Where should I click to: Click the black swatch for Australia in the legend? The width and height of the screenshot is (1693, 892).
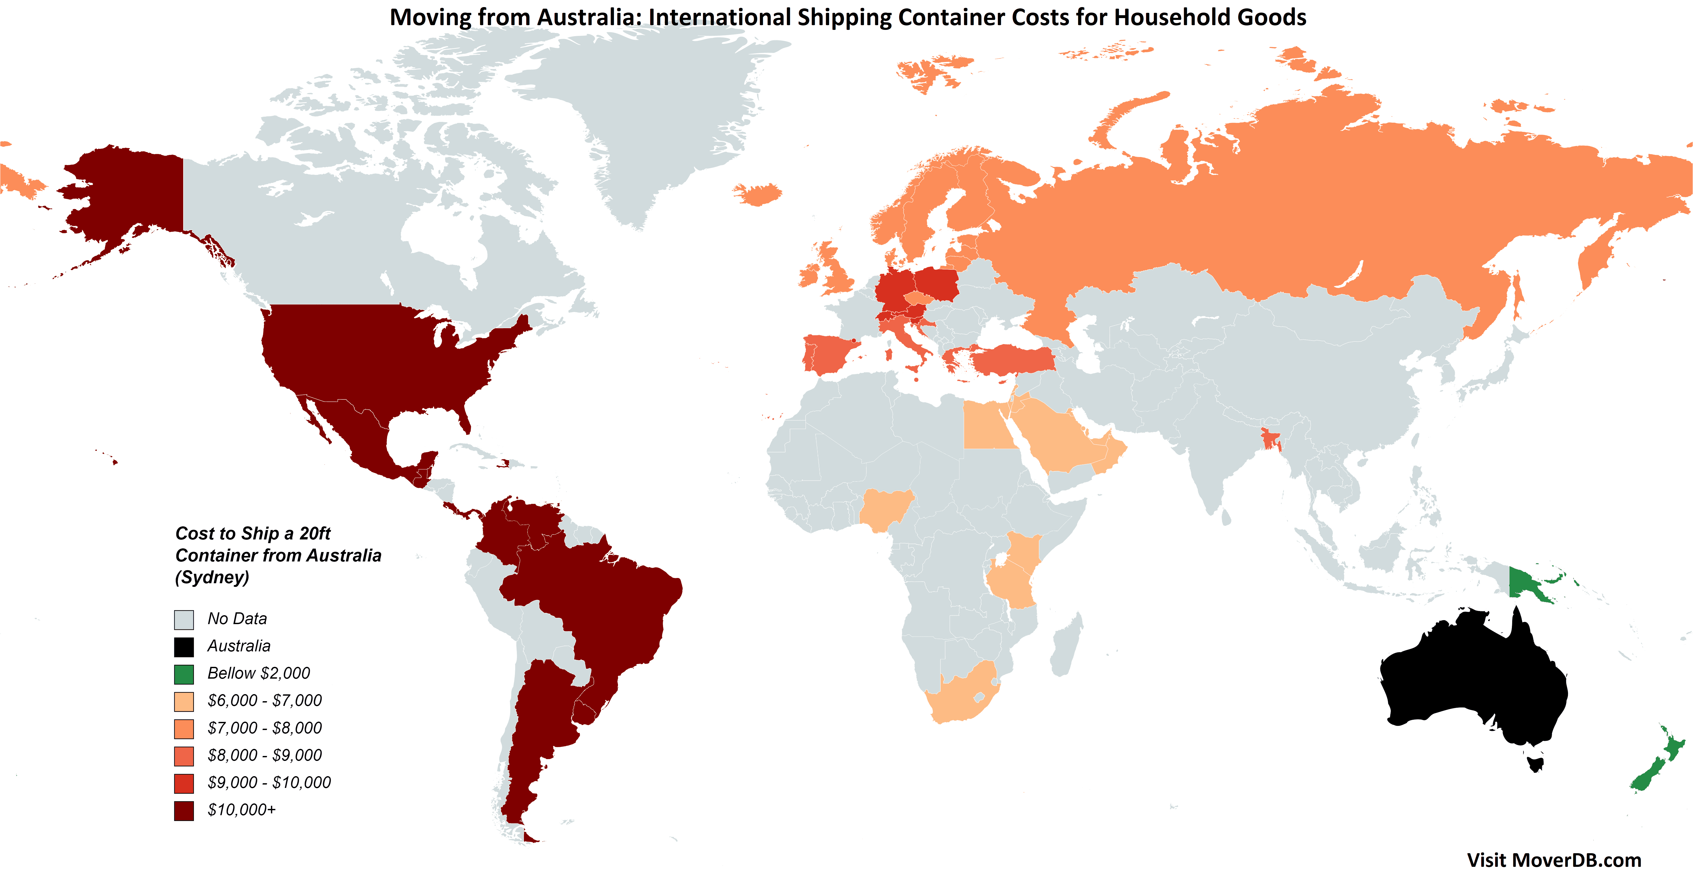tap(184, 647)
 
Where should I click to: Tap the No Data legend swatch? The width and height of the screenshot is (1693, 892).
tap(184, 619)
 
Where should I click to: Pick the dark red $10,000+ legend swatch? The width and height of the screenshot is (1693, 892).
tap(184, 810)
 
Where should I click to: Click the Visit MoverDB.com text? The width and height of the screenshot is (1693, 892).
tap(1554, 861)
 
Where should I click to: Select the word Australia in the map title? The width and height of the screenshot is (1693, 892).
tap(588, 18)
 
